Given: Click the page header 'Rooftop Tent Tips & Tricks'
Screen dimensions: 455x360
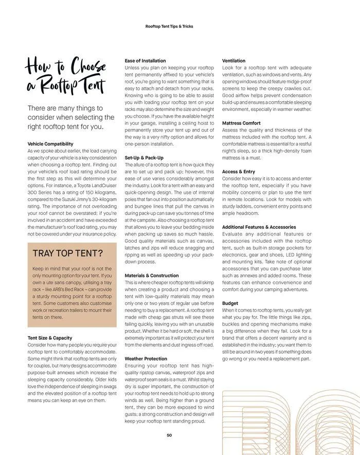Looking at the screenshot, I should [x=169, y=26].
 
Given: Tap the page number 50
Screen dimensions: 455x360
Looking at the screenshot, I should [x=169, y=435].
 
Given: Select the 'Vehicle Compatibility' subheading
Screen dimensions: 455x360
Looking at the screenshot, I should [x=50, y=144].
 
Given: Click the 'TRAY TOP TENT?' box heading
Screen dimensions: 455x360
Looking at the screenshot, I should [x=67, y=253].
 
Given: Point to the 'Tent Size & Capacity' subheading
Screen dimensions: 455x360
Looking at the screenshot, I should [x=50, y=338].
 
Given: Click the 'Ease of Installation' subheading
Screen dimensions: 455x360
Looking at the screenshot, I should [x=146, y=61].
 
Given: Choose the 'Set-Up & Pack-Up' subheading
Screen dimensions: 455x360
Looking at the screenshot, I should [x=144, y=157].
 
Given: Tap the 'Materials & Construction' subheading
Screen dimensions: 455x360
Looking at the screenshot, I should [x=152, y=276].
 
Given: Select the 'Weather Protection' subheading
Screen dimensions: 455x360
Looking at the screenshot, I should [x=146, y=358].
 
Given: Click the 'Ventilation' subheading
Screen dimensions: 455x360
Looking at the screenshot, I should [x=233, y=61].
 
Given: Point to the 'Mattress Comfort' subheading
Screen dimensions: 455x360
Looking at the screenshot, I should [x=241, y=123].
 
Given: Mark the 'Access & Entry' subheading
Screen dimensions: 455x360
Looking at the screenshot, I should [x=238, y=172].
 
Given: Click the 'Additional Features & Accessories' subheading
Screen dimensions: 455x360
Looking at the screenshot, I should [x=259, y=227].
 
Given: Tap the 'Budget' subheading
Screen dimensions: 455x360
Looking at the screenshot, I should [x=230, y=303].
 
